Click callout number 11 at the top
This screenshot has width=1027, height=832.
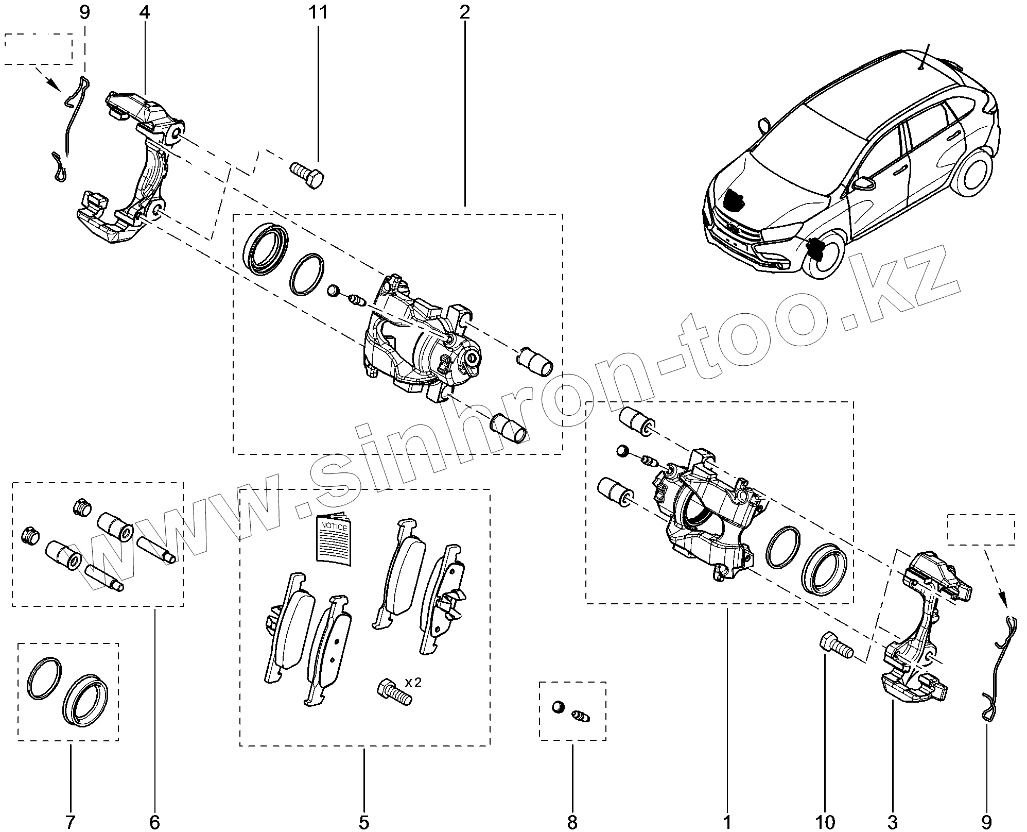319,12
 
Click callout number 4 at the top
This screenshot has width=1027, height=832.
145,12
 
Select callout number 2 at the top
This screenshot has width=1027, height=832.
465,12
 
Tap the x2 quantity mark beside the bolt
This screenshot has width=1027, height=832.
413,683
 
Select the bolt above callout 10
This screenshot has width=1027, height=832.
835,647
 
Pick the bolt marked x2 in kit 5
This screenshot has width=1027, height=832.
394,691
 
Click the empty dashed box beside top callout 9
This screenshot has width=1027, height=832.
39,49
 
